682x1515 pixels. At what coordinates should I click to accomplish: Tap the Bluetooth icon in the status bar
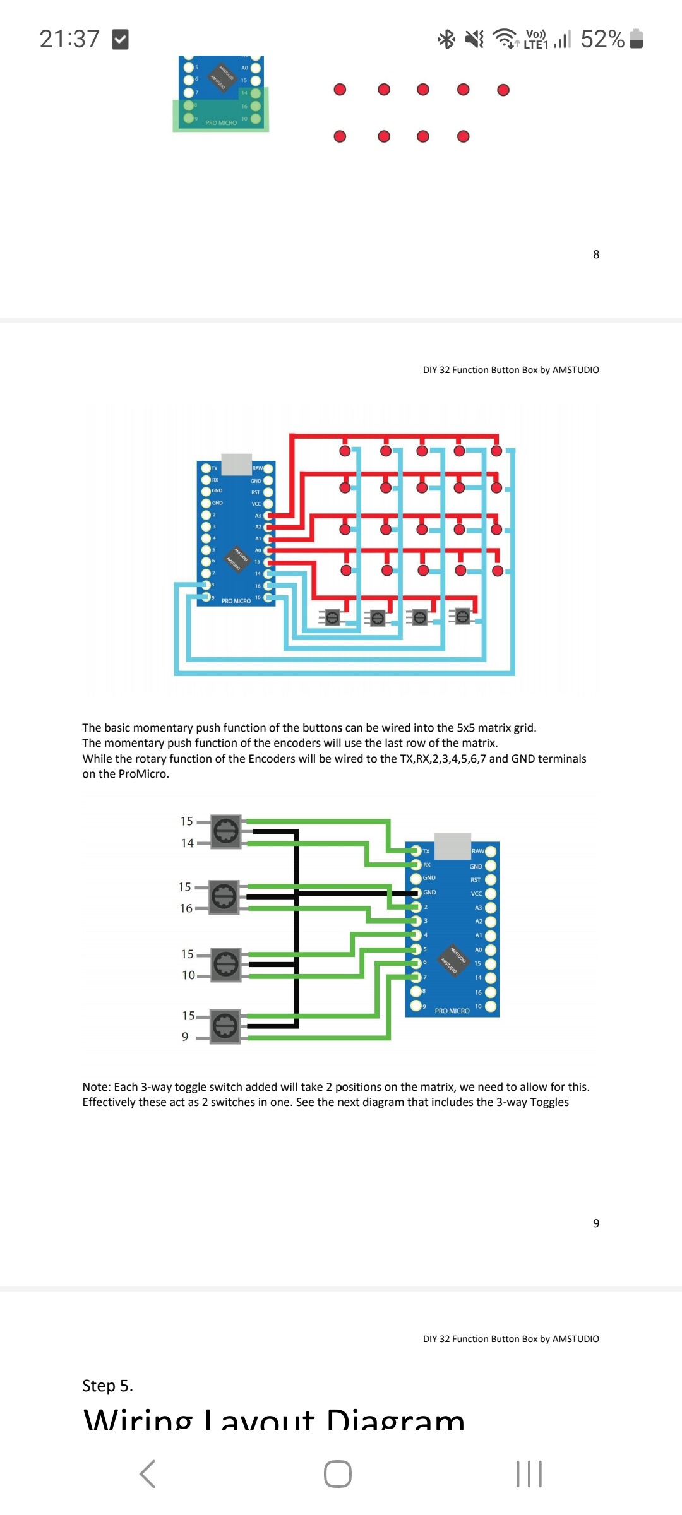pyautogui.click(x=446, y=39)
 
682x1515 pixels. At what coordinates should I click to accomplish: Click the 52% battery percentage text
pyautogui.click(x=602, y=39)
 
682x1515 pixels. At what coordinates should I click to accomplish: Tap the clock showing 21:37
pyautogui.click(x=69, y=39)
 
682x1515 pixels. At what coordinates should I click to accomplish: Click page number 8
pyautogui.click(x=595, y=254)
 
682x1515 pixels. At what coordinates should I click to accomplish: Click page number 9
pyautogui.click(x=595, y=1223)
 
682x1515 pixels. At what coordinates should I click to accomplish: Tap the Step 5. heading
pyautogui.click(x=107, y=1386)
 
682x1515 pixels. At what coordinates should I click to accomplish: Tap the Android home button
pyautogui.click(x=338, y=1474)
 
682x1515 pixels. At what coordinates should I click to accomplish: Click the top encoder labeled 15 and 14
pyautogui.click(x=225, y=831)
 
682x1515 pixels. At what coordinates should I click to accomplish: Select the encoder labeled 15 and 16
pyautogui.click(x=224, y=897)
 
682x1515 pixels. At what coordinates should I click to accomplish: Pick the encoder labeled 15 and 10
pyautogui.click(x=225, y=964)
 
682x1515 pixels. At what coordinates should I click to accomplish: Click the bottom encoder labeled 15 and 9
pyautogui.click(x=225, y=1026)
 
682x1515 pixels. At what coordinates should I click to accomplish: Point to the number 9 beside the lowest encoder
pyautogui.click(x=185, y=1037)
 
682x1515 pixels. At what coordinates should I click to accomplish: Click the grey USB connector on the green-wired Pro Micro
pyautogui.click(x=453, y=846)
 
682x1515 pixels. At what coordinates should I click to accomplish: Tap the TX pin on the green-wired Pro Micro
pyautogui.click(x=416, y=851)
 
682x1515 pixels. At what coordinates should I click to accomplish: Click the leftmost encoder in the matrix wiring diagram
pyautogui.click(x=332, y=617)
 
